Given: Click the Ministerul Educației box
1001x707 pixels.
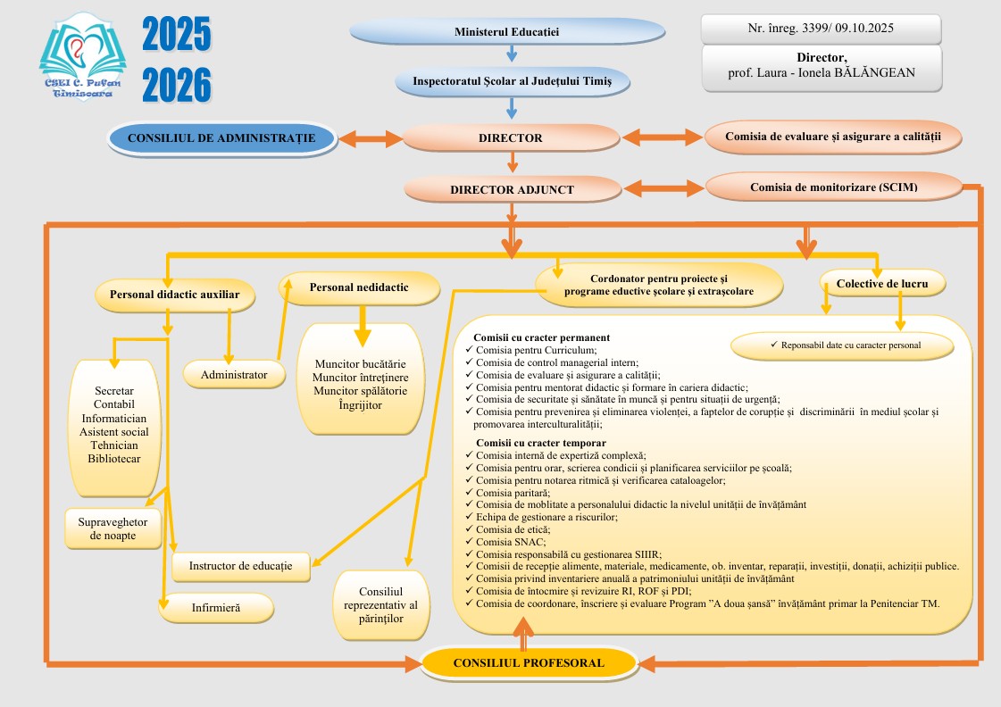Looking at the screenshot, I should [507, 31].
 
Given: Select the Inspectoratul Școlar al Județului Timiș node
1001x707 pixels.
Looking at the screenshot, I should [513, 82].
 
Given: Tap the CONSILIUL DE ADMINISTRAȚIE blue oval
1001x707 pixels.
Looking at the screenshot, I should [221, 137].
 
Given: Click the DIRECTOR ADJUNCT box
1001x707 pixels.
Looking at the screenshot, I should [512, 189].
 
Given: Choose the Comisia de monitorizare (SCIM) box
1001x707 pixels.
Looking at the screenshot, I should [834, 187].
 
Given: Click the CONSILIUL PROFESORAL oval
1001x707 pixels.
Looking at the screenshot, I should [529, 662].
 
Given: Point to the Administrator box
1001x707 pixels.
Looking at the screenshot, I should [234, 375].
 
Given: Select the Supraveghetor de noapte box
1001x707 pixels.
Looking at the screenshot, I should [113, 528].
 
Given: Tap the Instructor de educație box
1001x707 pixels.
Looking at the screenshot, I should [241, 565].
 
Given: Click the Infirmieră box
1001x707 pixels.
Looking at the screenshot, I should [217, 608].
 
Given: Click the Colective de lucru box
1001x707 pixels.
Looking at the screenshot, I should [882, 285].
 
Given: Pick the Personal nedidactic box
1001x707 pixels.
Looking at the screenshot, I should [359, 287].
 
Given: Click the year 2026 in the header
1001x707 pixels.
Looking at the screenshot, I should [177, 86].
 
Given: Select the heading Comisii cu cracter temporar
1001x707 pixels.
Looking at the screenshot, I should [541, 443].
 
